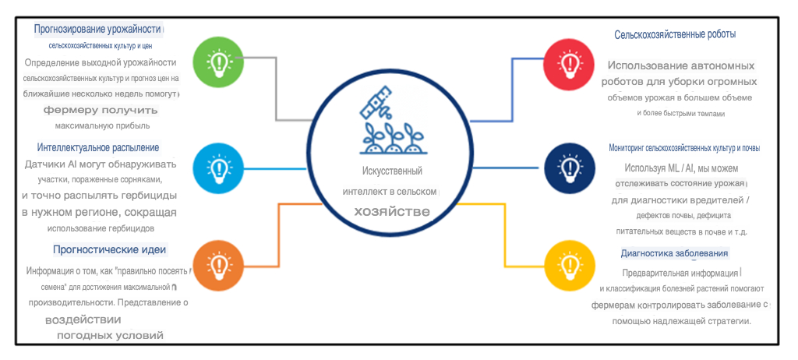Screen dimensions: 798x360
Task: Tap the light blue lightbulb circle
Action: (219, 168)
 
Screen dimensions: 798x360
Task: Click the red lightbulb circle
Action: (569, 62)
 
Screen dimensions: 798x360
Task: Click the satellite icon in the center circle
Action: (376, 104)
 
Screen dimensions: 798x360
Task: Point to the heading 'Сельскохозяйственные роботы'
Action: (675, 34)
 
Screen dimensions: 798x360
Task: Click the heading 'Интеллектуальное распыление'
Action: (98, 148)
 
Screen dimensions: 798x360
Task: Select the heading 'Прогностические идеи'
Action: (110, 250)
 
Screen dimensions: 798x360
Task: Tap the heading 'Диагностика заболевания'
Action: (674, 253)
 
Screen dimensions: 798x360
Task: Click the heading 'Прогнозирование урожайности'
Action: (97, 29)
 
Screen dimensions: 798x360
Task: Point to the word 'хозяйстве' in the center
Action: (392, 212)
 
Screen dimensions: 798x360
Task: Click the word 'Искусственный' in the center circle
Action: (392, 171)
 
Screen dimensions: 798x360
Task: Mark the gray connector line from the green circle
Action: (276, 89)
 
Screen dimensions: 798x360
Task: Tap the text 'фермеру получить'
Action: (101, 111)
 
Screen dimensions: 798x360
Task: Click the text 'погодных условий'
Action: (110, 336)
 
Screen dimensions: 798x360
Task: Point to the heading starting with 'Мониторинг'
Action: (684, 148)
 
